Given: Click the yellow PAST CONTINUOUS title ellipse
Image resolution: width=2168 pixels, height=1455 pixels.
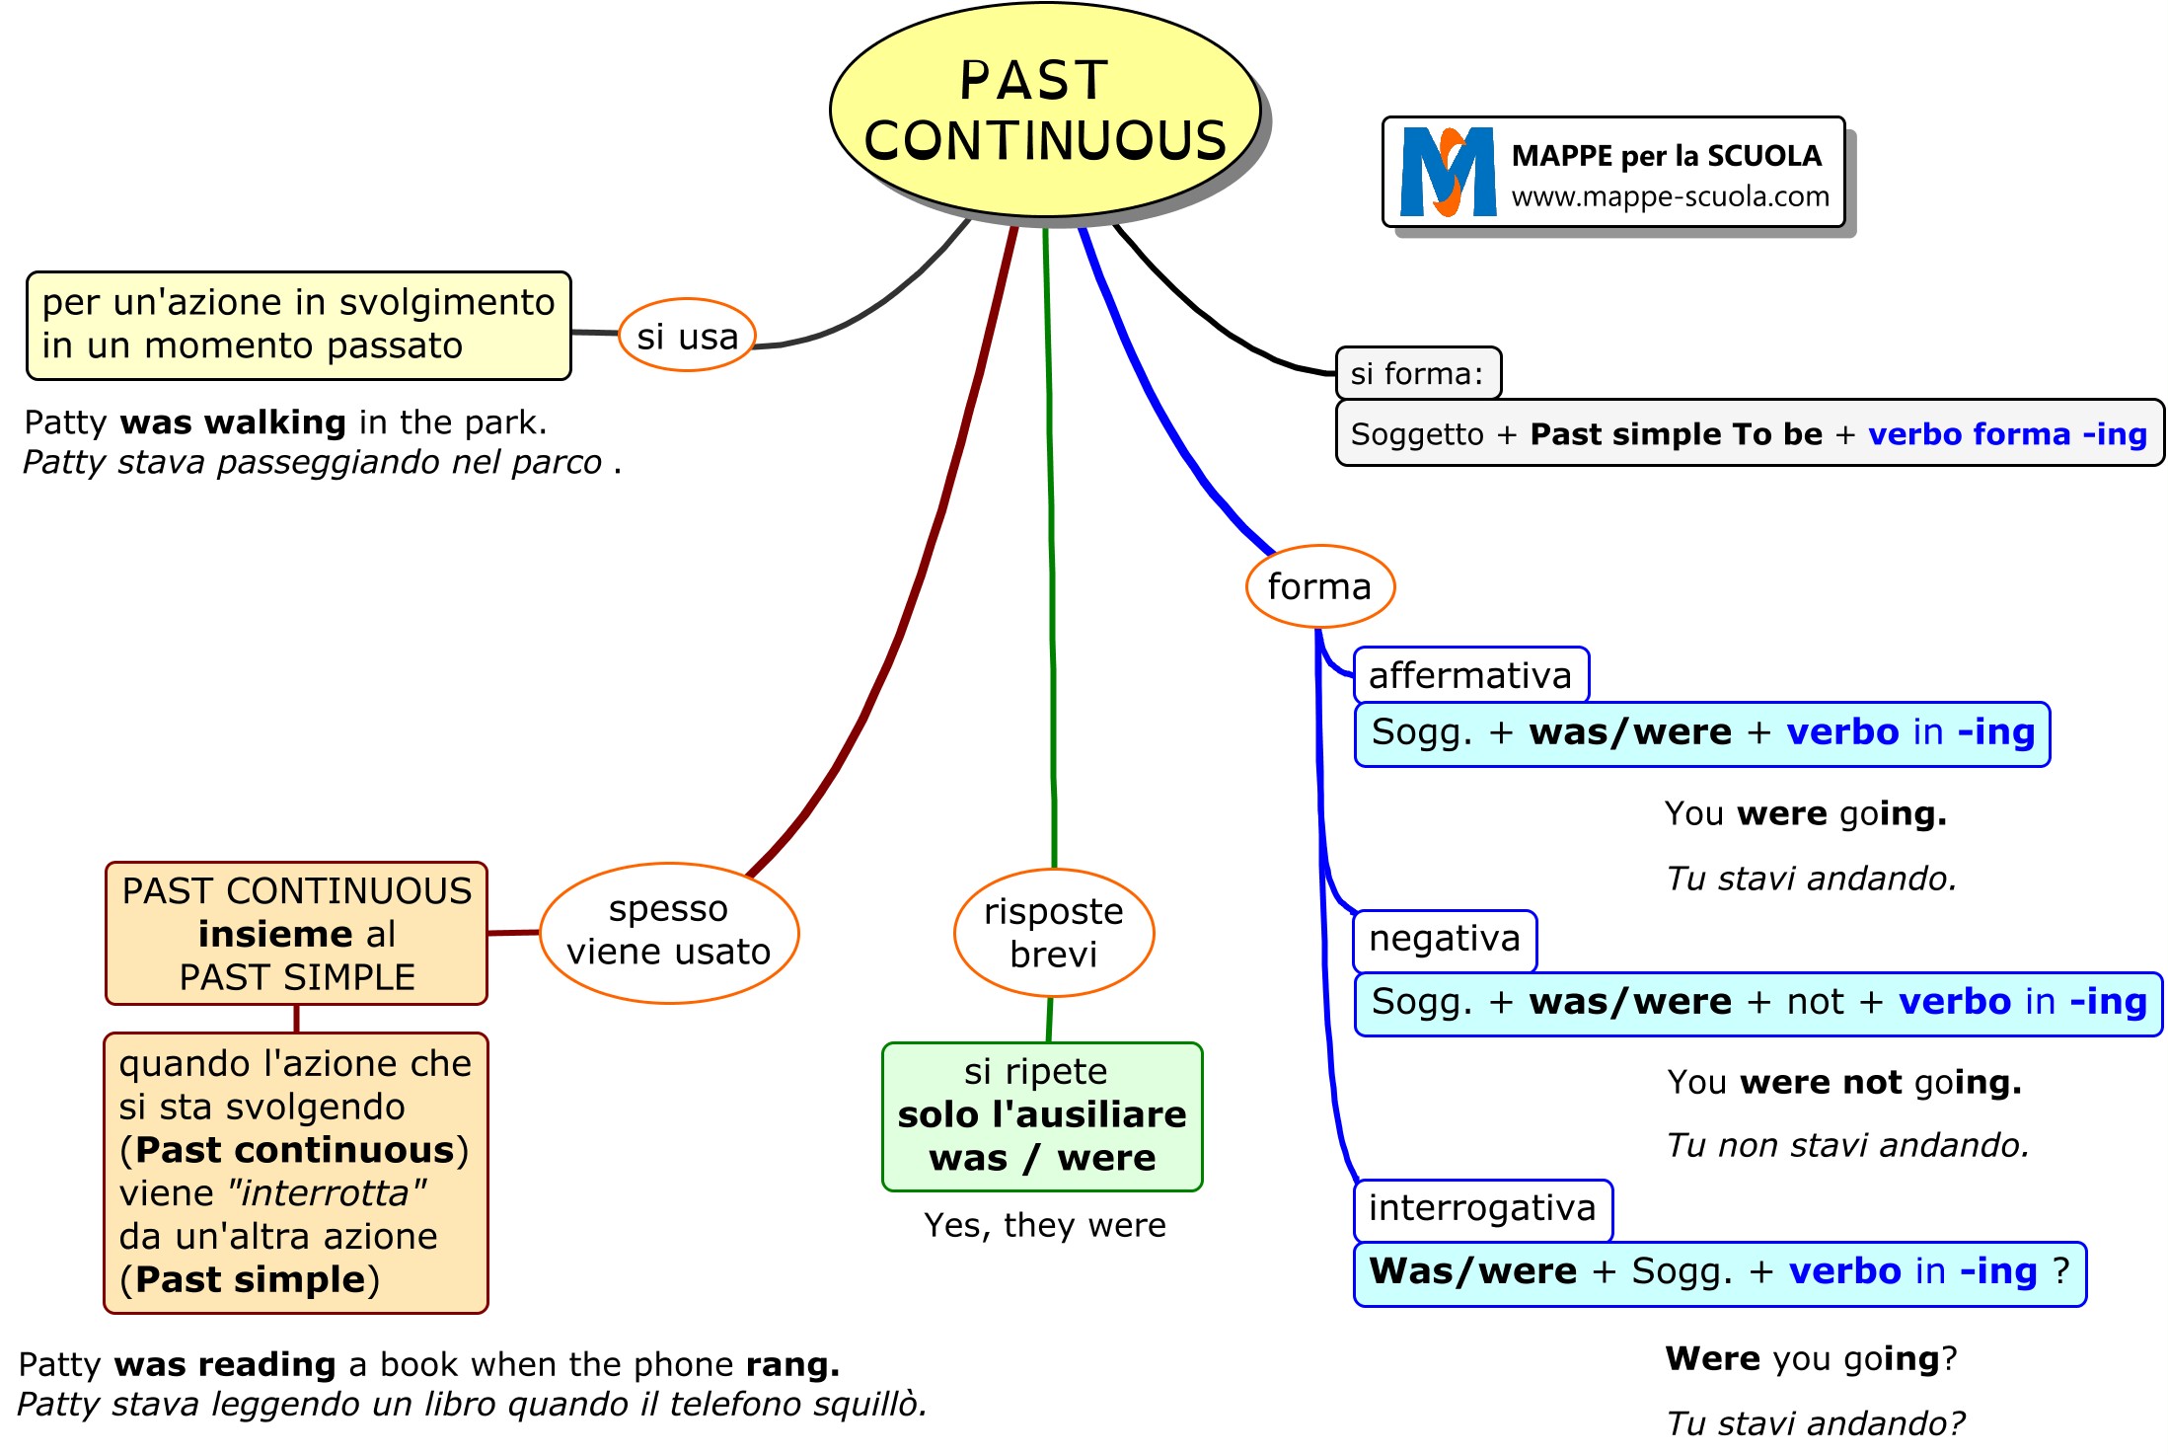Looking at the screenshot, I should [1045, 110].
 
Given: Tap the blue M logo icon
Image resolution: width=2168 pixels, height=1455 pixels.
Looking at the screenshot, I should [1448, 172].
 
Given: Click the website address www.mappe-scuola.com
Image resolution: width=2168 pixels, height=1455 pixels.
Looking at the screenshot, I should [1670, 196].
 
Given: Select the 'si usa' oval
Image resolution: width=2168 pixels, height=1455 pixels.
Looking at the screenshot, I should [687, 336].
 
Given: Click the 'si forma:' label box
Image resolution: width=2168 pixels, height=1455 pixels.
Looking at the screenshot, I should [1417, 373].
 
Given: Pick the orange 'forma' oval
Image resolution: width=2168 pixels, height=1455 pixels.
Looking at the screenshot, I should [1319, 586].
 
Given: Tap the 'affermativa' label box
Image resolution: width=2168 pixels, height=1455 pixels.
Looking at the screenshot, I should [1470, 675].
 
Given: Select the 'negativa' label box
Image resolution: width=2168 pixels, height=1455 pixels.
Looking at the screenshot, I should [1445, 939].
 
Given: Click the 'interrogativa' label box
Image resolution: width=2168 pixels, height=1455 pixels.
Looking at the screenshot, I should [1482, 1208].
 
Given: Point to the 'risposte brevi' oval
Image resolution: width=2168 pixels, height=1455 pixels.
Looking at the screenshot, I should [1054, 933].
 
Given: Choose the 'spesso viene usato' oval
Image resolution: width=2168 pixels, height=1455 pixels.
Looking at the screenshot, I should [669, 932].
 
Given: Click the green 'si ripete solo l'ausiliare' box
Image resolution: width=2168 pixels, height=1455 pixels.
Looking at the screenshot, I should [1042, 1115].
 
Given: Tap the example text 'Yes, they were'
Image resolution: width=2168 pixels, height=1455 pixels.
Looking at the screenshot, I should [1045, 1225].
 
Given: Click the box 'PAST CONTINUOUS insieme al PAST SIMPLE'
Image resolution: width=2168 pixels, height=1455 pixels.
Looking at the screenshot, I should [296, 934].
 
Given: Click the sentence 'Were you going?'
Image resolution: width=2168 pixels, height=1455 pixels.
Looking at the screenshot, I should [1811, 1359].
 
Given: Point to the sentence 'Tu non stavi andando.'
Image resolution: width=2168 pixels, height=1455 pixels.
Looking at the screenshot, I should [1847, 1145].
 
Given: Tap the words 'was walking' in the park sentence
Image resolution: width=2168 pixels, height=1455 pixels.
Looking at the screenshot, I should [233, 422].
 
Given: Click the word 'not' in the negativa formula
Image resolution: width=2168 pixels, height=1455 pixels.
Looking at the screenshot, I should [1815, 1002].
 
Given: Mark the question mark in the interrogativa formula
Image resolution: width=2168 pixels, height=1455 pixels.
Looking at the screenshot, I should [2060, 1271].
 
